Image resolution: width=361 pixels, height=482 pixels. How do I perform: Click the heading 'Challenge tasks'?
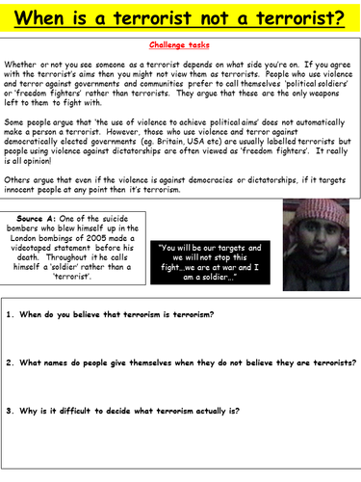tap(180, 45)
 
